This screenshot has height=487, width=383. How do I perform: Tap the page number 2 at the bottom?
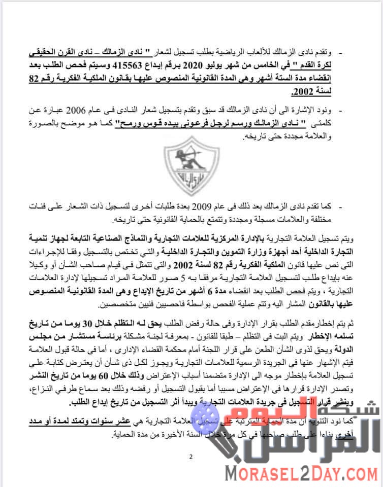pos(191,456)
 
